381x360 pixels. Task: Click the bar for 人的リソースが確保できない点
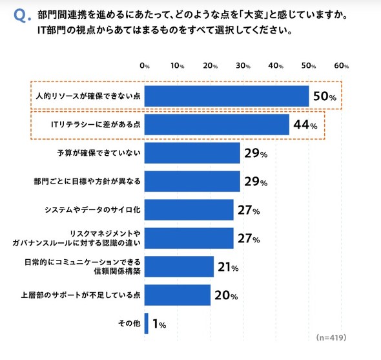[226, 96]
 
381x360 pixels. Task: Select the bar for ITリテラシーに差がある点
[216, 125]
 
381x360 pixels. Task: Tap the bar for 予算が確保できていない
[192, 153]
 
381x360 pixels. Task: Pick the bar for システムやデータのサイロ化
[189, 210]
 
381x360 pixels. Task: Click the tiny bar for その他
[147, 323]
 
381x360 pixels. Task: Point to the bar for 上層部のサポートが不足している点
[178, 295]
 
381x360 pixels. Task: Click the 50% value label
[324, 97]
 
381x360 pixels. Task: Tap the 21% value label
[227, 267]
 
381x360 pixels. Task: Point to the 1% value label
[159, 324]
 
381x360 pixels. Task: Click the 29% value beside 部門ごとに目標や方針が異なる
[255, 182]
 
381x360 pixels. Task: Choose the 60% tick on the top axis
[342, 66]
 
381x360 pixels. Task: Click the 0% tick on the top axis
[145, 66]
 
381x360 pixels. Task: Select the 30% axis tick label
[243, 66]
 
